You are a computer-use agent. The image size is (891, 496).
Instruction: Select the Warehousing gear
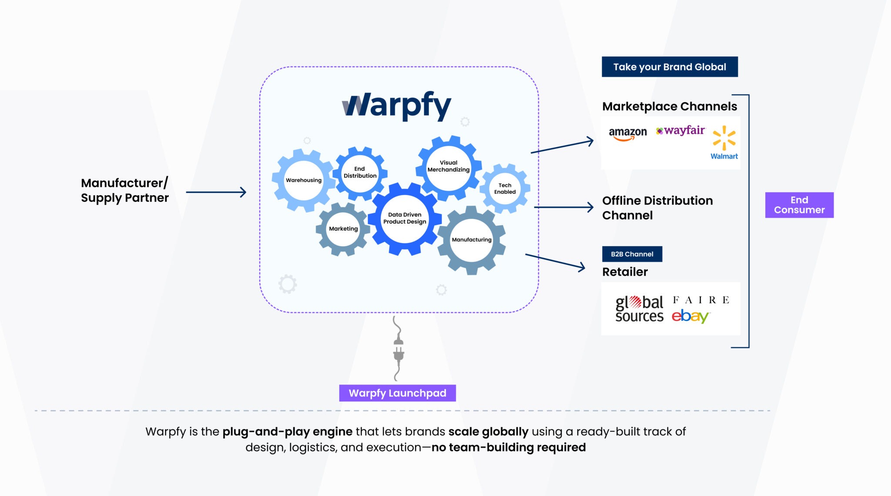[x=303, y=180]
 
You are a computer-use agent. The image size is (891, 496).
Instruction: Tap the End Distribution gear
[x=360, y=172]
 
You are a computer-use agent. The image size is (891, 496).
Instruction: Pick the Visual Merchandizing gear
[x=449, y=166]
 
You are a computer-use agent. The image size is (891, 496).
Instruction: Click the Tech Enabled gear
[x=505, y=189]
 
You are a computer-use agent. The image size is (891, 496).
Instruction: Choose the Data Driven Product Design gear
[x=405, y=218]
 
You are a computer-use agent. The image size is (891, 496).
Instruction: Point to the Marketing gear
[x=343, y=229]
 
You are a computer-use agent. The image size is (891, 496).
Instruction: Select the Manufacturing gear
[x=472, y=240]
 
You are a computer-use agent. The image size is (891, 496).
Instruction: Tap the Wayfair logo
[x=680, y=130]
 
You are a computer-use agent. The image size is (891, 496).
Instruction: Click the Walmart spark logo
[x=724, y=138]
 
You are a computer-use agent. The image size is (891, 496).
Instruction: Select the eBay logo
[x=690, y=316]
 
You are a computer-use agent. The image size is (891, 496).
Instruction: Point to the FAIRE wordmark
[x=701, y=300]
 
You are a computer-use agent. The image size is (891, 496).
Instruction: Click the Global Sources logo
[x=639, y=309]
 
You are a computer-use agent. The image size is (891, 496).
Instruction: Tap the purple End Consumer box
[x=799, y=205]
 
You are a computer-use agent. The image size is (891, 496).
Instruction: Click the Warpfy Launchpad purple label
[x=397, y=393]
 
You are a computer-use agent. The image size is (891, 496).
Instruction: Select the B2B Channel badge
[x=632, y=254]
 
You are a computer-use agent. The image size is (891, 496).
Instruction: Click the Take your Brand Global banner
[x=670, y=67]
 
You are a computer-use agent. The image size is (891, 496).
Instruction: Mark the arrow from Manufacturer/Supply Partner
[x=216, y=192]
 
